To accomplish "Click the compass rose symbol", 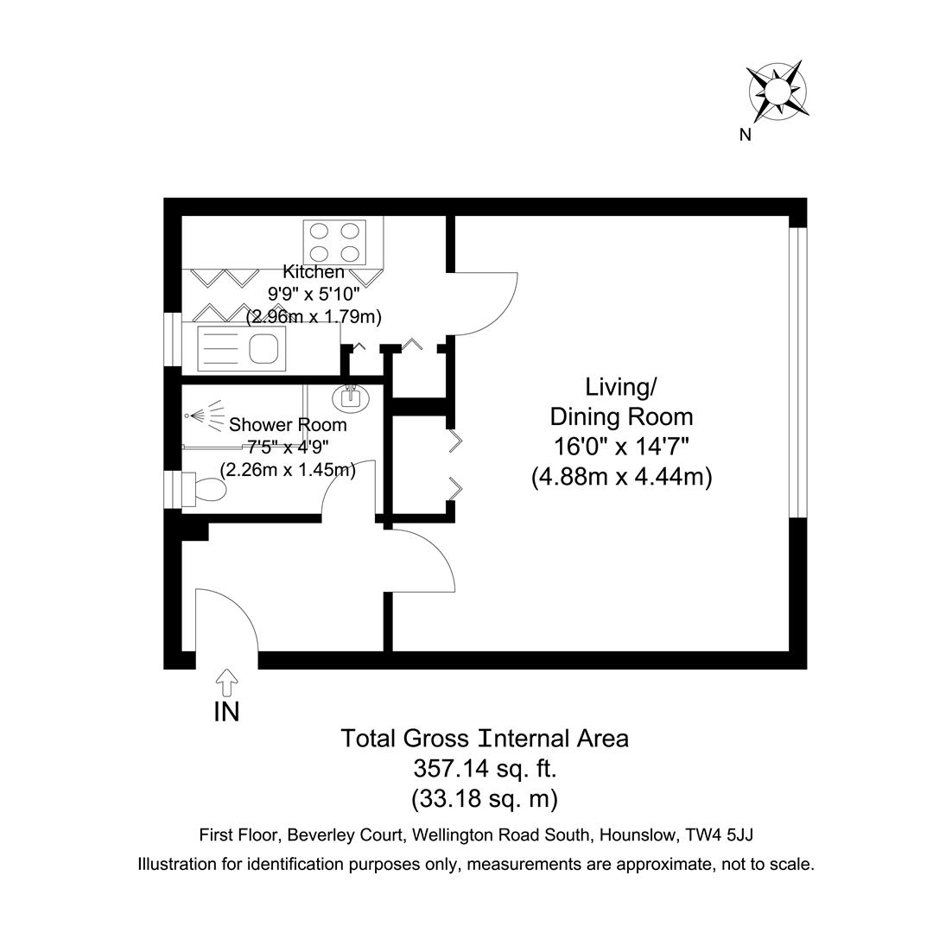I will point(777,90).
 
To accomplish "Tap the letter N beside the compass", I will point(745,135).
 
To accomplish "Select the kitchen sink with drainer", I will point(241,348).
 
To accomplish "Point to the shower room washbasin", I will point(351,398).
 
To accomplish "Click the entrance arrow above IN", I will point(227,682).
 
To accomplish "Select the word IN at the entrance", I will point(226,712).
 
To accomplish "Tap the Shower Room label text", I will point(288,425).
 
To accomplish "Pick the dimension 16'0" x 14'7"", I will point(621,447).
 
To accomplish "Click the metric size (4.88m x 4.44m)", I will point(621,477).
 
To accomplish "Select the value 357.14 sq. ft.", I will point(484,768).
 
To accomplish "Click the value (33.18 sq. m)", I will point(484,798).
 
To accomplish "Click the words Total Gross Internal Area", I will point(484,739).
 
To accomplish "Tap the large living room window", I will point(798,371).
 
